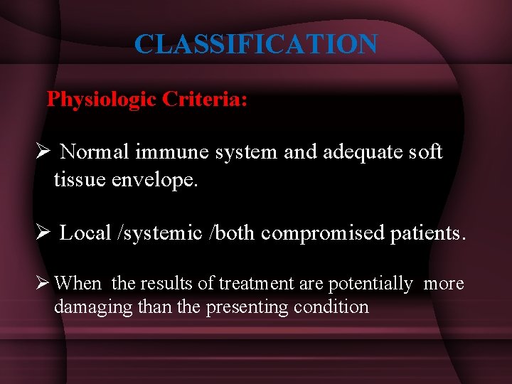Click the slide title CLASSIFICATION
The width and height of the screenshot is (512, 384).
point(256,44)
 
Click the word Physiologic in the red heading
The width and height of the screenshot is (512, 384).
point(101,99)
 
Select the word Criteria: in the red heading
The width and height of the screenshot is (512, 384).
point(205,99)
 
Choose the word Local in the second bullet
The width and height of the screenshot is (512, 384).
point(85,233)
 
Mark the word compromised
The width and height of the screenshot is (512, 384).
point(324,233)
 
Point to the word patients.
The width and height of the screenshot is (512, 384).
point(428,233)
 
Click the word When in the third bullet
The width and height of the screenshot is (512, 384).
point(78,284)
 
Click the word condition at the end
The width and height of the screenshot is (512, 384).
point(334,307)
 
